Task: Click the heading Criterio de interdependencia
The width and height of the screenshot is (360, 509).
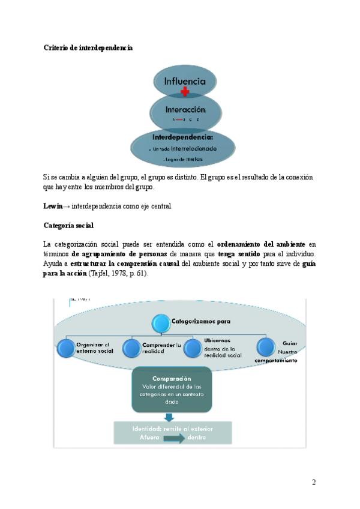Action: pos(88,47)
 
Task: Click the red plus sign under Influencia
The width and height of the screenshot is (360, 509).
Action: pos(185,92)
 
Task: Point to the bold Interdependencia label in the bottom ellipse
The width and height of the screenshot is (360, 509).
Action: pos(183,137)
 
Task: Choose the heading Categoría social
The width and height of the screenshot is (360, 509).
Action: pos(68,225)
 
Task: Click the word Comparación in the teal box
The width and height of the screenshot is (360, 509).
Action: pos(172,379)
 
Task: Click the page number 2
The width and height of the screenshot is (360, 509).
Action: pos(314,482)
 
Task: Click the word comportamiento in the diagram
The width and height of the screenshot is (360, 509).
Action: pos(275,361)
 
